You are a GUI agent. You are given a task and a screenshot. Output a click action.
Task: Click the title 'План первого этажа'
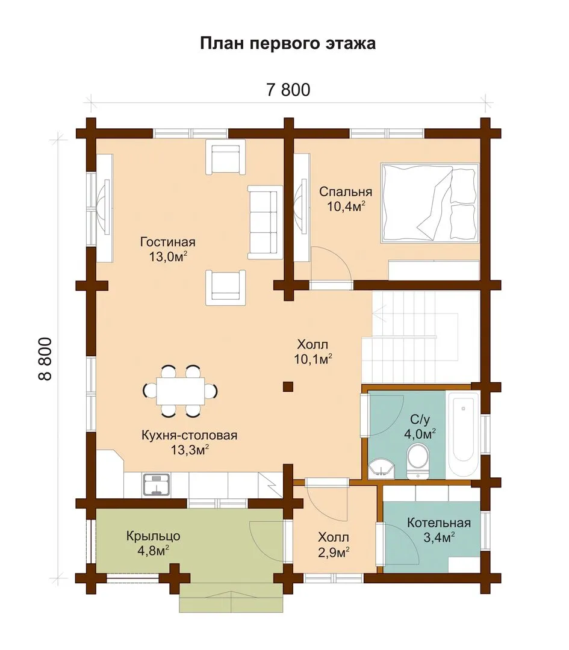(288, 43)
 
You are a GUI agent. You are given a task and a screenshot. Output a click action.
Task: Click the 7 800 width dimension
(288, 90)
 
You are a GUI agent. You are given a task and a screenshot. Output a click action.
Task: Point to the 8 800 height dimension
(45, 359)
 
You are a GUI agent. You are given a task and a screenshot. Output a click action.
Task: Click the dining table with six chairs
(181, 391)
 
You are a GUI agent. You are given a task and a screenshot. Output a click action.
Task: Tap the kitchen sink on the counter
(157, 485)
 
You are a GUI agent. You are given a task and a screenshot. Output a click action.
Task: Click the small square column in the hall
(288, 386)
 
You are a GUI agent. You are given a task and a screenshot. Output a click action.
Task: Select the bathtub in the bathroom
(463, 434)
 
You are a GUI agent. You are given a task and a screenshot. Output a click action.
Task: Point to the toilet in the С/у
(418, 462)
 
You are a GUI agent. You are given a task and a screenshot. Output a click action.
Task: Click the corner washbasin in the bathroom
(380, 468)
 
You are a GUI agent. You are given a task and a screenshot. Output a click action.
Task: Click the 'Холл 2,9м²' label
(334, 545)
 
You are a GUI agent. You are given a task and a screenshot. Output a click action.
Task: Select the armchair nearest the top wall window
(226, 157)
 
